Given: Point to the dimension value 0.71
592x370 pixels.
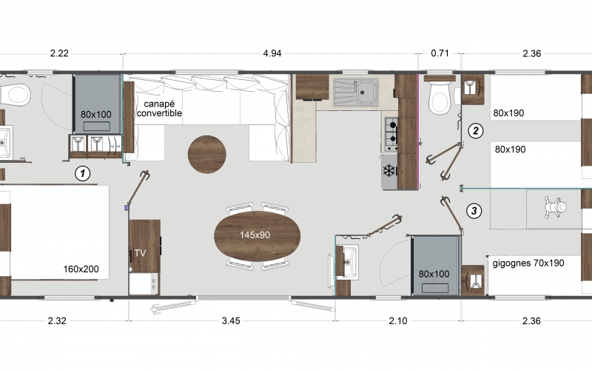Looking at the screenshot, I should pyautogui.click(x=440, y=53).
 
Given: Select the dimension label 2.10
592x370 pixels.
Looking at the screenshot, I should pyautogui.click(x=397, y=320).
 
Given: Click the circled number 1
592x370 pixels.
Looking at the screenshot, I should pyautogui.click(x=83, y=174).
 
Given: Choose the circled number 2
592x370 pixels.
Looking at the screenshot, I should pyautogui.click(x=475, y=131).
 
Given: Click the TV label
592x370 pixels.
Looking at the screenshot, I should pyautogui.click(x=139, y=254).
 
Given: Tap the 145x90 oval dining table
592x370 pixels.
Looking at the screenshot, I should pyautogui.click(x=258, y=235).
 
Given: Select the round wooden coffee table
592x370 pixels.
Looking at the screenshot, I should pyautogui.click(x=207, y=155).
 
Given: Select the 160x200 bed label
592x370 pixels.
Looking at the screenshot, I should pyautogui.click(x=81, y=269).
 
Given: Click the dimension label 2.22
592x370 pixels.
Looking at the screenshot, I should pyautogui.click(x=59, y=53).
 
